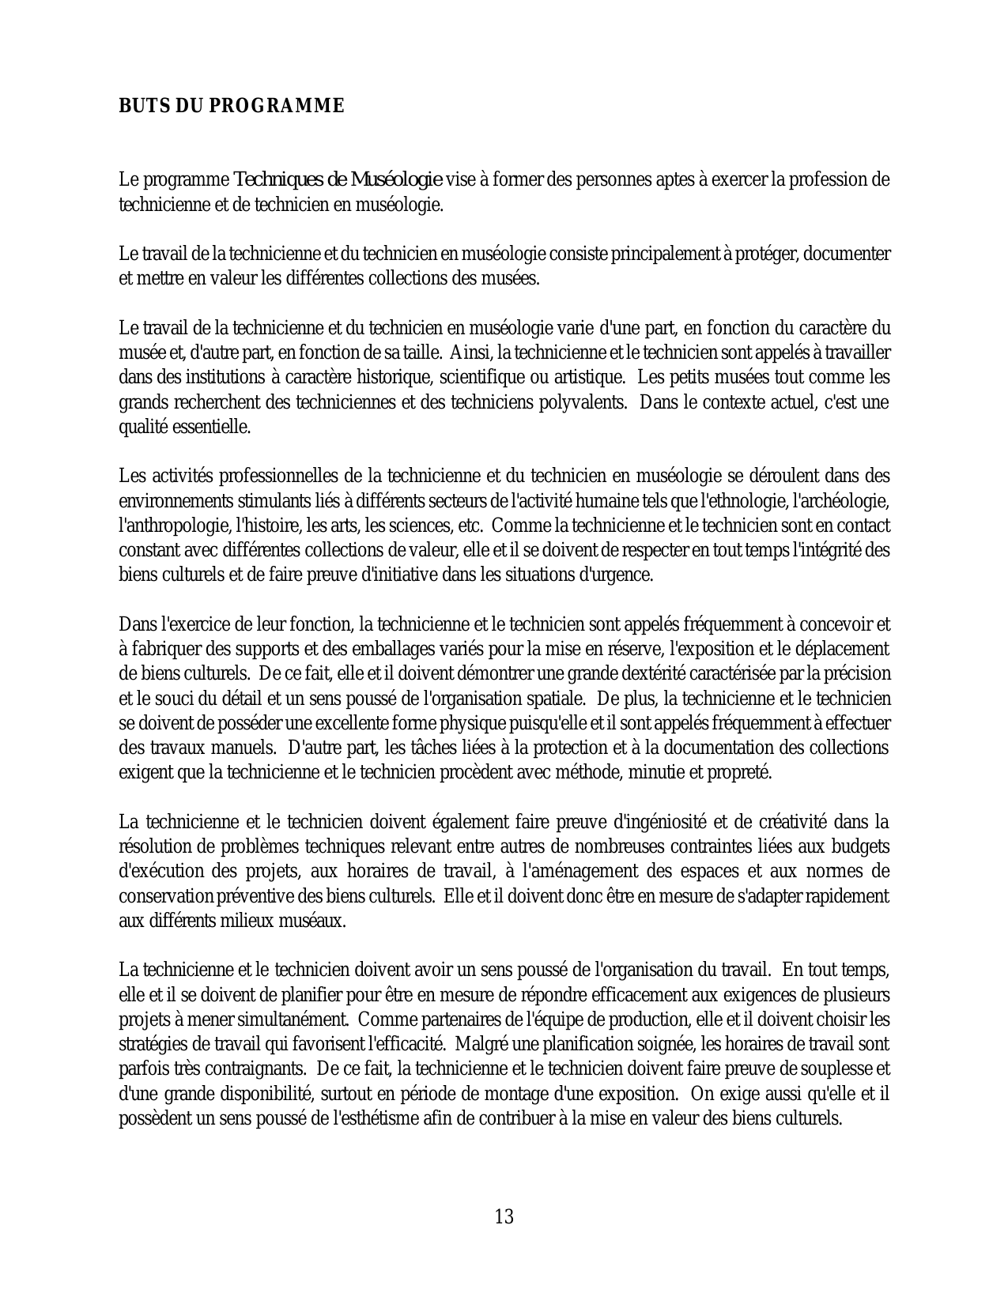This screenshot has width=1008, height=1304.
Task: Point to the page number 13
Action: (504, 1216)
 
